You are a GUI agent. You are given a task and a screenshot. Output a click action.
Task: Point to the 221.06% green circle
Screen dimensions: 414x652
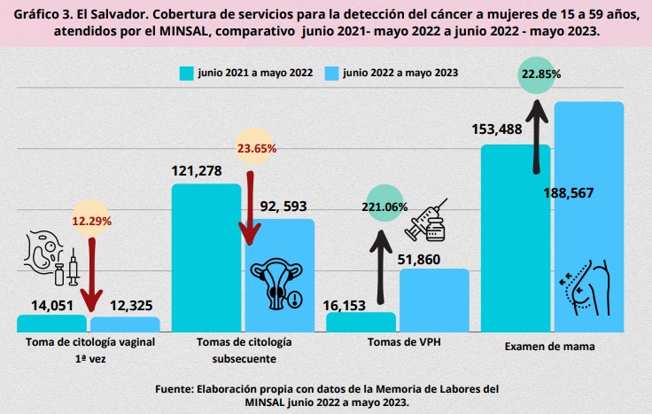(384, 207)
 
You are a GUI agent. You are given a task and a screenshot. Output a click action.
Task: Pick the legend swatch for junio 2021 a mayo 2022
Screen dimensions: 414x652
(186, 73)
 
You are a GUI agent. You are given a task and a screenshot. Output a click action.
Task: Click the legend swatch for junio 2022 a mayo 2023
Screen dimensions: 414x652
(332, 73)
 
